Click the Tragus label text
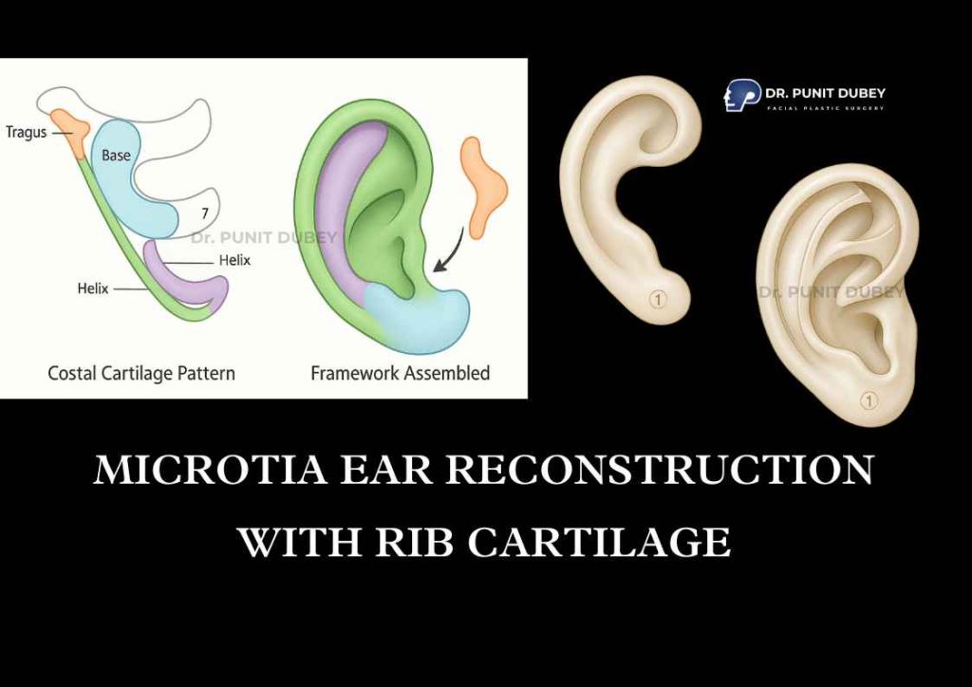[x=26, y=132]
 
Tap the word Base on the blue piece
[x=116, y=155]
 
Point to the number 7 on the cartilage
[x=205, y=214]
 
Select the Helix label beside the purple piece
[x=234, y=260]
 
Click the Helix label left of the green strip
[x=93, y=288]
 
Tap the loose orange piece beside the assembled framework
[x=483, y=187]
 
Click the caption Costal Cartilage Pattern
[x=141, y=374]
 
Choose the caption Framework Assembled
[x=400, y=373]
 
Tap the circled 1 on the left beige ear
[x=658, y=300]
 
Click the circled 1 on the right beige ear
[x=869, y=400]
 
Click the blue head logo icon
[x=741, y=95]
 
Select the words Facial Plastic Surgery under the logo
[x=825, y=108]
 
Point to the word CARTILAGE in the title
[x=600, y=542]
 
